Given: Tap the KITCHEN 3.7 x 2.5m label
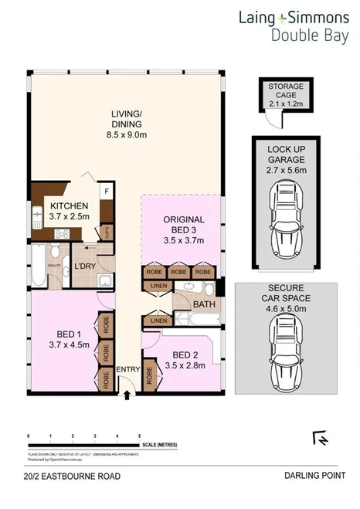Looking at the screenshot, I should tap(70, 212).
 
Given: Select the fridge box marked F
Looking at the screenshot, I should tap(107, 188).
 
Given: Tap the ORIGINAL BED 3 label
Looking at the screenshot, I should tap(182, 230).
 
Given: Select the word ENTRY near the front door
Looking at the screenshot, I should tap(127, 369).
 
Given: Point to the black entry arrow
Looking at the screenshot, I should tap(127, 395).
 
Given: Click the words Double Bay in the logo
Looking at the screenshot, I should tap(307, 33).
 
